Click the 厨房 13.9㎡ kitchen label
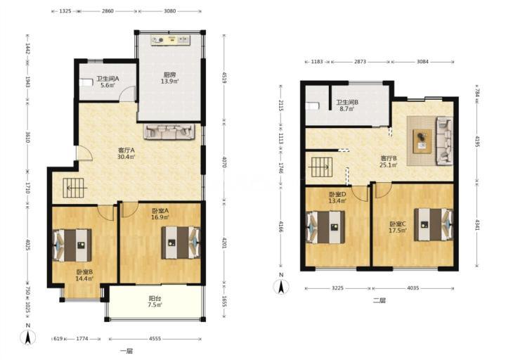[x=170, y=78]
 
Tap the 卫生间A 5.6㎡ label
[x=108, y=82]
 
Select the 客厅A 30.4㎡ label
[x=126, y=154]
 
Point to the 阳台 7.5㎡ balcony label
[x=155, y=302]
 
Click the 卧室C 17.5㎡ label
[x=398, y=227]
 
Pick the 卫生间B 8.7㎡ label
[x=347, y=105]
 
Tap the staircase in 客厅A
[x=74, y=188]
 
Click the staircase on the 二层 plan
[x=321, y=167]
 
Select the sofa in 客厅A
[x=169, y=131]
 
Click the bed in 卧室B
[x=72, y=245]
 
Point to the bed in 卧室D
[x=325, y=227]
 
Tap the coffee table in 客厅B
[x=422, y=141]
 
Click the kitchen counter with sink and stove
[x=170, y=40]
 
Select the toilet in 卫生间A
[x=86, y=83]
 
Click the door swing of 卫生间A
[x=127, y=94]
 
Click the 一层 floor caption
[x=126, y=352]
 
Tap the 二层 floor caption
[x=379, y=301]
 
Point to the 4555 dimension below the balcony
[x=155, y=339]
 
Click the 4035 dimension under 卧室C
[x=413, y=288]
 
